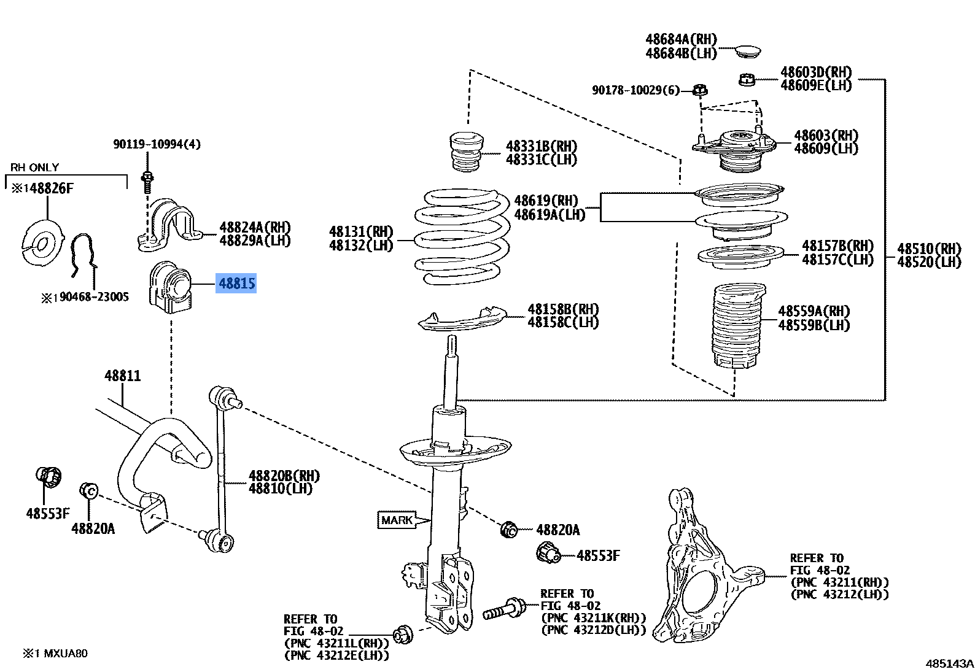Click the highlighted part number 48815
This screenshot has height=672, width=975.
[x=236, y=283]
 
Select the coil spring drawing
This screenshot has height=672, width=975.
[x=462, y=237]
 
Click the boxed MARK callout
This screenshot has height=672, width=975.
[x=397, y=520]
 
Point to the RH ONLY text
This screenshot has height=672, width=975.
[x=34, y=167]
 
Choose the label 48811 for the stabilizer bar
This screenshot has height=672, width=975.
[x=122, y=376]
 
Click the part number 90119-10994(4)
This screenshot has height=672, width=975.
[x=157, y=144]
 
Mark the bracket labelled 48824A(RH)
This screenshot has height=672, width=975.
[x=169, y=225]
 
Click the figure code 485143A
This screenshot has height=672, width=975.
[x=949, y=663]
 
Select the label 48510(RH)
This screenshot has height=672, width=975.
[x=929, y=249]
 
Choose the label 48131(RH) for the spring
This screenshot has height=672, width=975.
[x=361, y=231]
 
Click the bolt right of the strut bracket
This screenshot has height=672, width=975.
[x=504, y=608]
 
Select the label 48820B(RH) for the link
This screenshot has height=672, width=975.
[x=284, y=476]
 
